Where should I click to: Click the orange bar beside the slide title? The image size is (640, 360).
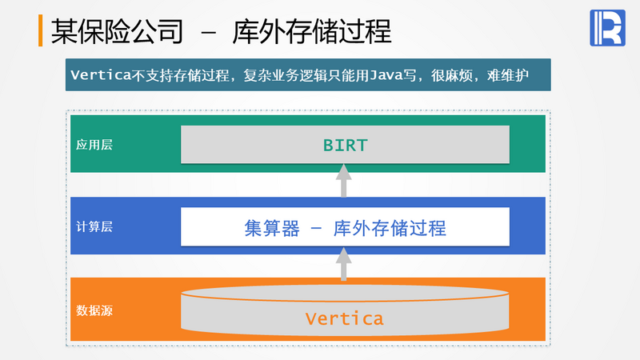pyautogui.click(x=41, y=30)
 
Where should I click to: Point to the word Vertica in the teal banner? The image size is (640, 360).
pyautogui.click(x=101, y=76)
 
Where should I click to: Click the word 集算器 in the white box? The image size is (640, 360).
pyautogui.click(x=271, y=227)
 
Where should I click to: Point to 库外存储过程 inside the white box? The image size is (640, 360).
pyautogui.click(x=390, y=227)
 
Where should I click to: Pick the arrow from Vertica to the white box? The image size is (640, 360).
pyautogui.click(x=343, y=264)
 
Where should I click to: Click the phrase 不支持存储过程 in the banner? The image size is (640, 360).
pyautogui.click(x=176, y=76)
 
